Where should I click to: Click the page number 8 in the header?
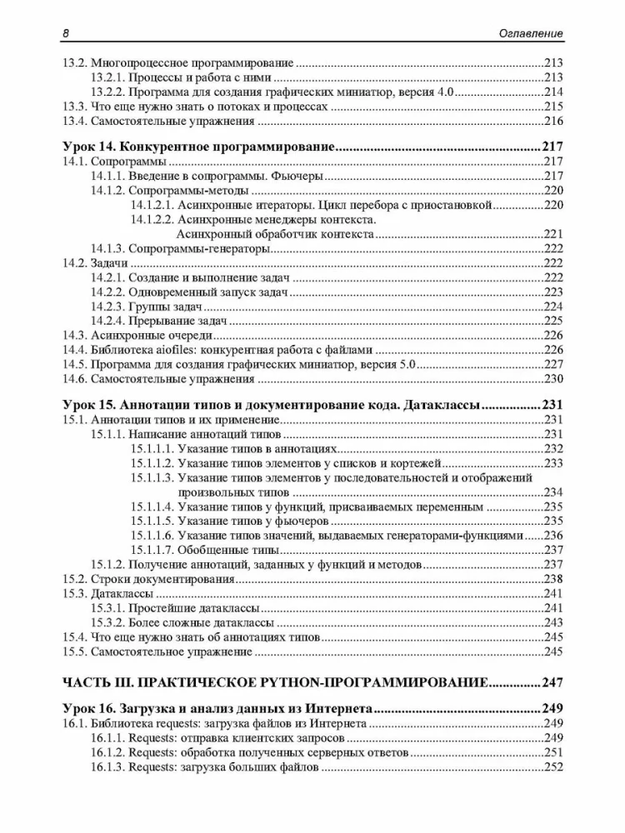tap(65, 33)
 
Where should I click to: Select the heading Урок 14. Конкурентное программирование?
tap(198, 147)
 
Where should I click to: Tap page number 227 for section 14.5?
tap(553, 365)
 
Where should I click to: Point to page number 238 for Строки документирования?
tap(553, 579)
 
